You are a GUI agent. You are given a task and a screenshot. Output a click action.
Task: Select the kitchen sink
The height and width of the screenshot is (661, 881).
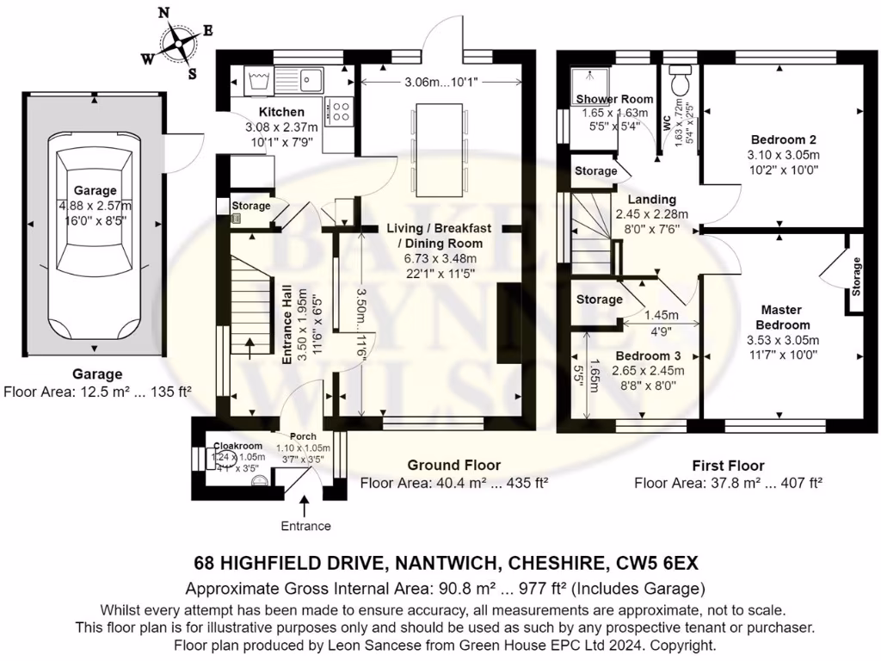pyautogui.click(x=311, y=81)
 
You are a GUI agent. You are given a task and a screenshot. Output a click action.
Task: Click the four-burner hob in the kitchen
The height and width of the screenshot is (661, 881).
pyautogui.click(x=340, y=111)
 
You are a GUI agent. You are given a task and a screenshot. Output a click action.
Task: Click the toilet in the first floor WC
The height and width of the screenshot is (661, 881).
pyautogui.click(x=684, y=83)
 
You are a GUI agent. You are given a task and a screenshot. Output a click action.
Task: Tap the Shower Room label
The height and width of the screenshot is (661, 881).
pyautogui.click(x=614, y=99)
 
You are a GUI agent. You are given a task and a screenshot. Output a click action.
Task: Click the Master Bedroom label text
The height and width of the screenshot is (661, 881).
pyautogui.click(x=782, y=318)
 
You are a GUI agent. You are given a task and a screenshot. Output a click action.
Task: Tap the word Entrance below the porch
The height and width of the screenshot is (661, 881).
pyautogui.click(x=305, y=526)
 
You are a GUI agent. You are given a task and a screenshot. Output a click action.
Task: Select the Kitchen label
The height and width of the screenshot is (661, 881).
pyautogui.click(x=281, y=112)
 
